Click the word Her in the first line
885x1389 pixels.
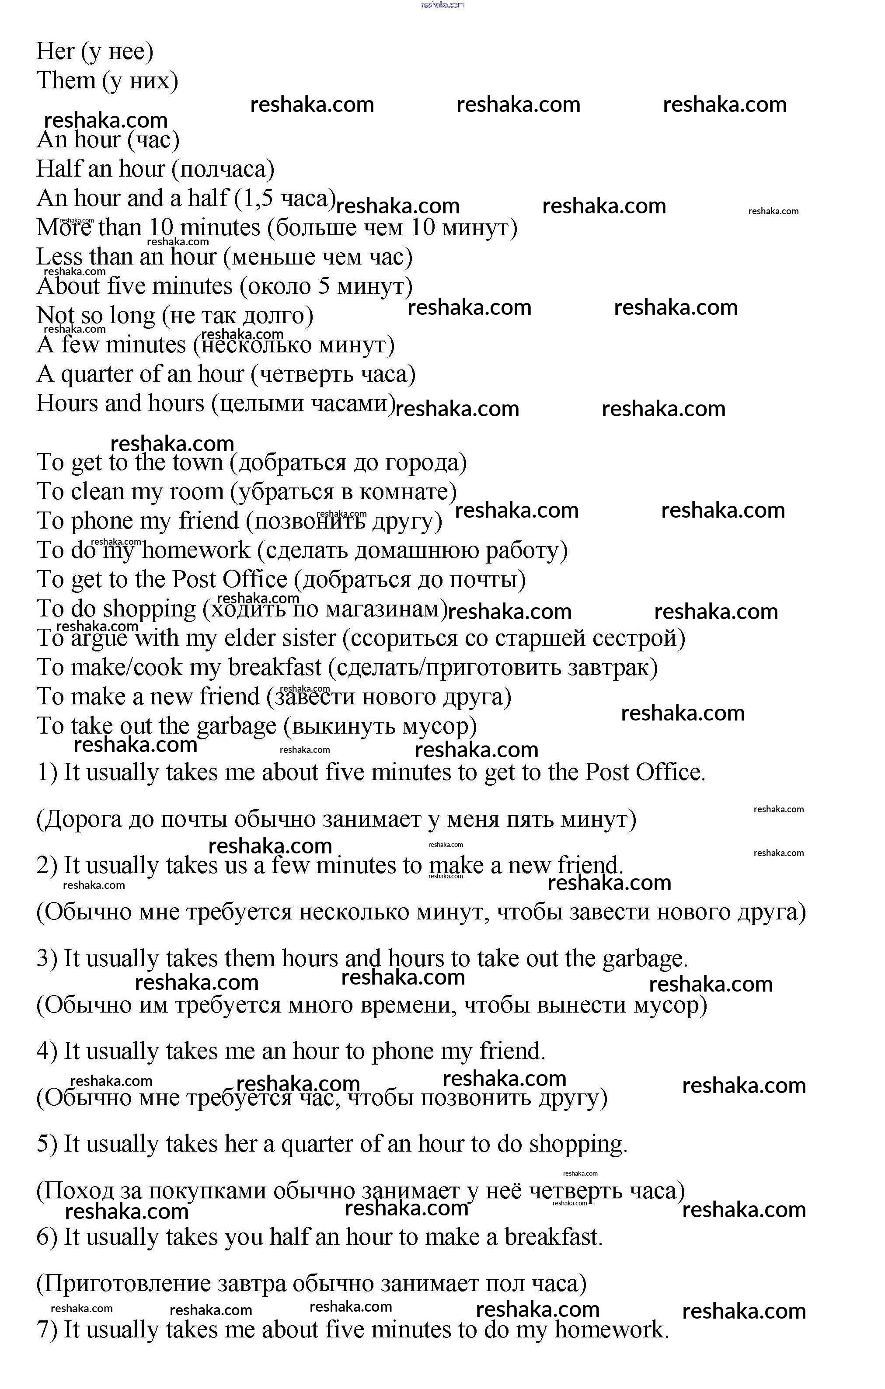56,51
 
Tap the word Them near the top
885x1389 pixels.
65,81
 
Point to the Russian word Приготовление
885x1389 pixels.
123,1284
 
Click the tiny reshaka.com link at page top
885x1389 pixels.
442,5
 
